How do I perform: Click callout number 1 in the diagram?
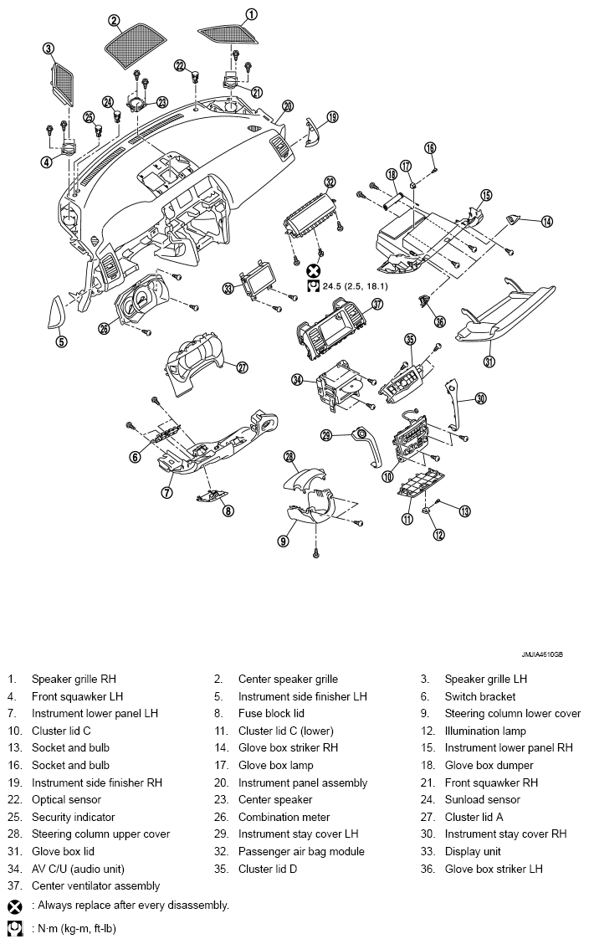(252, 13)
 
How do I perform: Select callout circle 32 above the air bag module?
(329, 182)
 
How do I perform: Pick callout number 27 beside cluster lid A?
(243, 367)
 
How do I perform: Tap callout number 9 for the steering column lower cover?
(283, 541)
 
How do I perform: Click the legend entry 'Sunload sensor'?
(483, 799)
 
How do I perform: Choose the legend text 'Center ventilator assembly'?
(95, 885)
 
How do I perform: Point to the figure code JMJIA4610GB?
(542, 654)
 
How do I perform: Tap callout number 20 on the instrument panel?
(288, 106)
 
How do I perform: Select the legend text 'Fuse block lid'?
(271, 713)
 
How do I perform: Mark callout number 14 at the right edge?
(546, 222)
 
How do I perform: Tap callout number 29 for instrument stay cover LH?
(326, 434)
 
